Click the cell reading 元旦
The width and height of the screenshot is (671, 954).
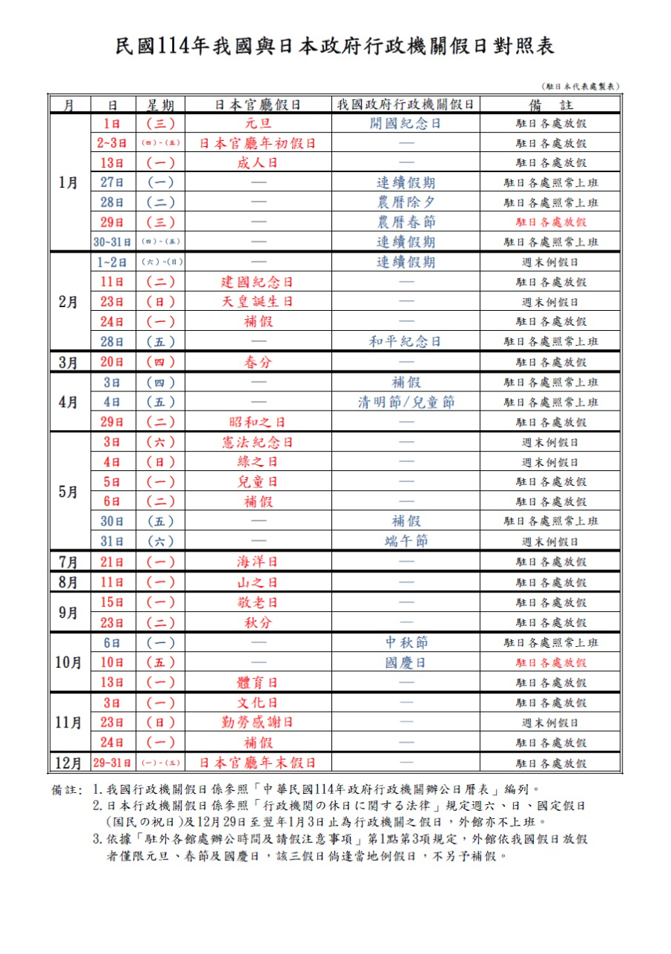258,123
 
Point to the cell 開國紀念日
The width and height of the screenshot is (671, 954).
405,123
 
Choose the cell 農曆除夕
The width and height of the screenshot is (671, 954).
405,202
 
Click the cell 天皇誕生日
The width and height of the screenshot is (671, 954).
258,302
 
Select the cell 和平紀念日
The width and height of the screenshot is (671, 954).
405,341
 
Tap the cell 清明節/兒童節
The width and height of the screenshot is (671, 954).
405,402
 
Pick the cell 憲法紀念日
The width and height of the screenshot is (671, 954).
258,442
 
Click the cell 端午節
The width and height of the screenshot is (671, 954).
405,541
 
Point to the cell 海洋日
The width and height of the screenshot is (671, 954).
258,562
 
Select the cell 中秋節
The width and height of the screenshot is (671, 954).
405,642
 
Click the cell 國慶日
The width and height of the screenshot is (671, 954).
405,663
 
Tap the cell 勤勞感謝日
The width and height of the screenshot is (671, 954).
258,722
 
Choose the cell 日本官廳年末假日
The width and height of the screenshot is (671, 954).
258,763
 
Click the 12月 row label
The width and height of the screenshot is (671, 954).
69,763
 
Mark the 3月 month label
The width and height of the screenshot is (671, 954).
69,362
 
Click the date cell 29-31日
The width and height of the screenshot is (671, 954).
112,763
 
